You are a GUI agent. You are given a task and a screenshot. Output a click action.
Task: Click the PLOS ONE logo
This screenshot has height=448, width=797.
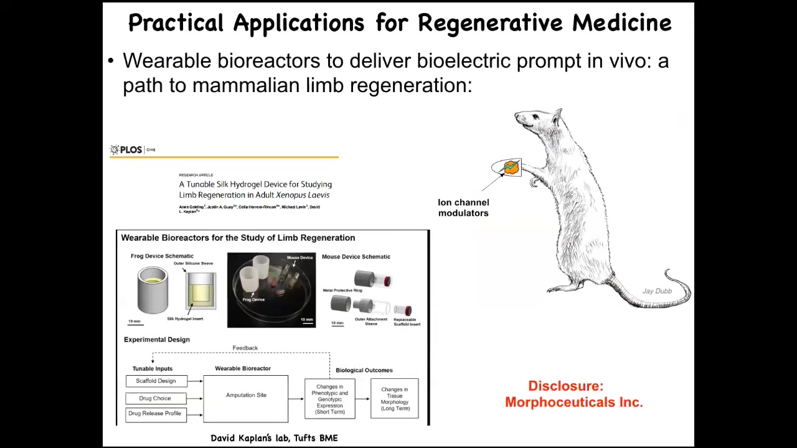(x=132, y=149)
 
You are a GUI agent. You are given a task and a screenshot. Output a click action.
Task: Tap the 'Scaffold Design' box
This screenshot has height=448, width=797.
(x=156, y=381)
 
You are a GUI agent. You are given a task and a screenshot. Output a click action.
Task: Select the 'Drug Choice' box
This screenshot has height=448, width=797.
(x=155, y=398)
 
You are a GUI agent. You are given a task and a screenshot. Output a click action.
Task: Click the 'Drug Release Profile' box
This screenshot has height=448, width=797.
(x=155, y=414)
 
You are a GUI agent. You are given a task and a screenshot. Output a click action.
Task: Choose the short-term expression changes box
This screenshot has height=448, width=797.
(x=329, y=399)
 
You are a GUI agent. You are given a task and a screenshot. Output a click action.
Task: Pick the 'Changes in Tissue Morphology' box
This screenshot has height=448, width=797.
(x=395, y=399)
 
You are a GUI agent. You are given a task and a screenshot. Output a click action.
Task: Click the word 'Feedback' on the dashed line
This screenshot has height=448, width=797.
(x=245, y=348)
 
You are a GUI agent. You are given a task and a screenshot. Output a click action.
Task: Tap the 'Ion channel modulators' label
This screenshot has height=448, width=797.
(x=463, y=208)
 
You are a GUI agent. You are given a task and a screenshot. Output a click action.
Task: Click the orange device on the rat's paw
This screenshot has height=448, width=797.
(x=511, y=167)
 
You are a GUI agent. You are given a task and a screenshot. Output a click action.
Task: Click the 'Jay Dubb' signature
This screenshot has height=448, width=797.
(x=657, y=291)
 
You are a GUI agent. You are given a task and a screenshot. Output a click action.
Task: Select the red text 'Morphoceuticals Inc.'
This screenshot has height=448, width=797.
(x=573, y=402)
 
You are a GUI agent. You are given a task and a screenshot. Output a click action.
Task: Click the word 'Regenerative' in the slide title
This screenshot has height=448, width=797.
(x=492, y=23)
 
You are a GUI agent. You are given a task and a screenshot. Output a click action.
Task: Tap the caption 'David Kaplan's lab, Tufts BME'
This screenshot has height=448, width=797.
(x=274, y=438)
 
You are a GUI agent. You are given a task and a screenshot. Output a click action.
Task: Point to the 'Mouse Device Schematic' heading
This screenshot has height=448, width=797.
(x=356, y=256)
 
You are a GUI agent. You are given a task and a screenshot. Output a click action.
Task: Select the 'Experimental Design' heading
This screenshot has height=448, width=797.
(x=157, y=340)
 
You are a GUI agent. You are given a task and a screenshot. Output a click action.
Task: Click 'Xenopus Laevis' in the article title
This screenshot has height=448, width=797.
(x=303, y=195)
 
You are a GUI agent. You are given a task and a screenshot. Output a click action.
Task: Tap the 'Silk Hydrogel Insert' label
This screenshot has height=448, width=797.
(x=185, y=319)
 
